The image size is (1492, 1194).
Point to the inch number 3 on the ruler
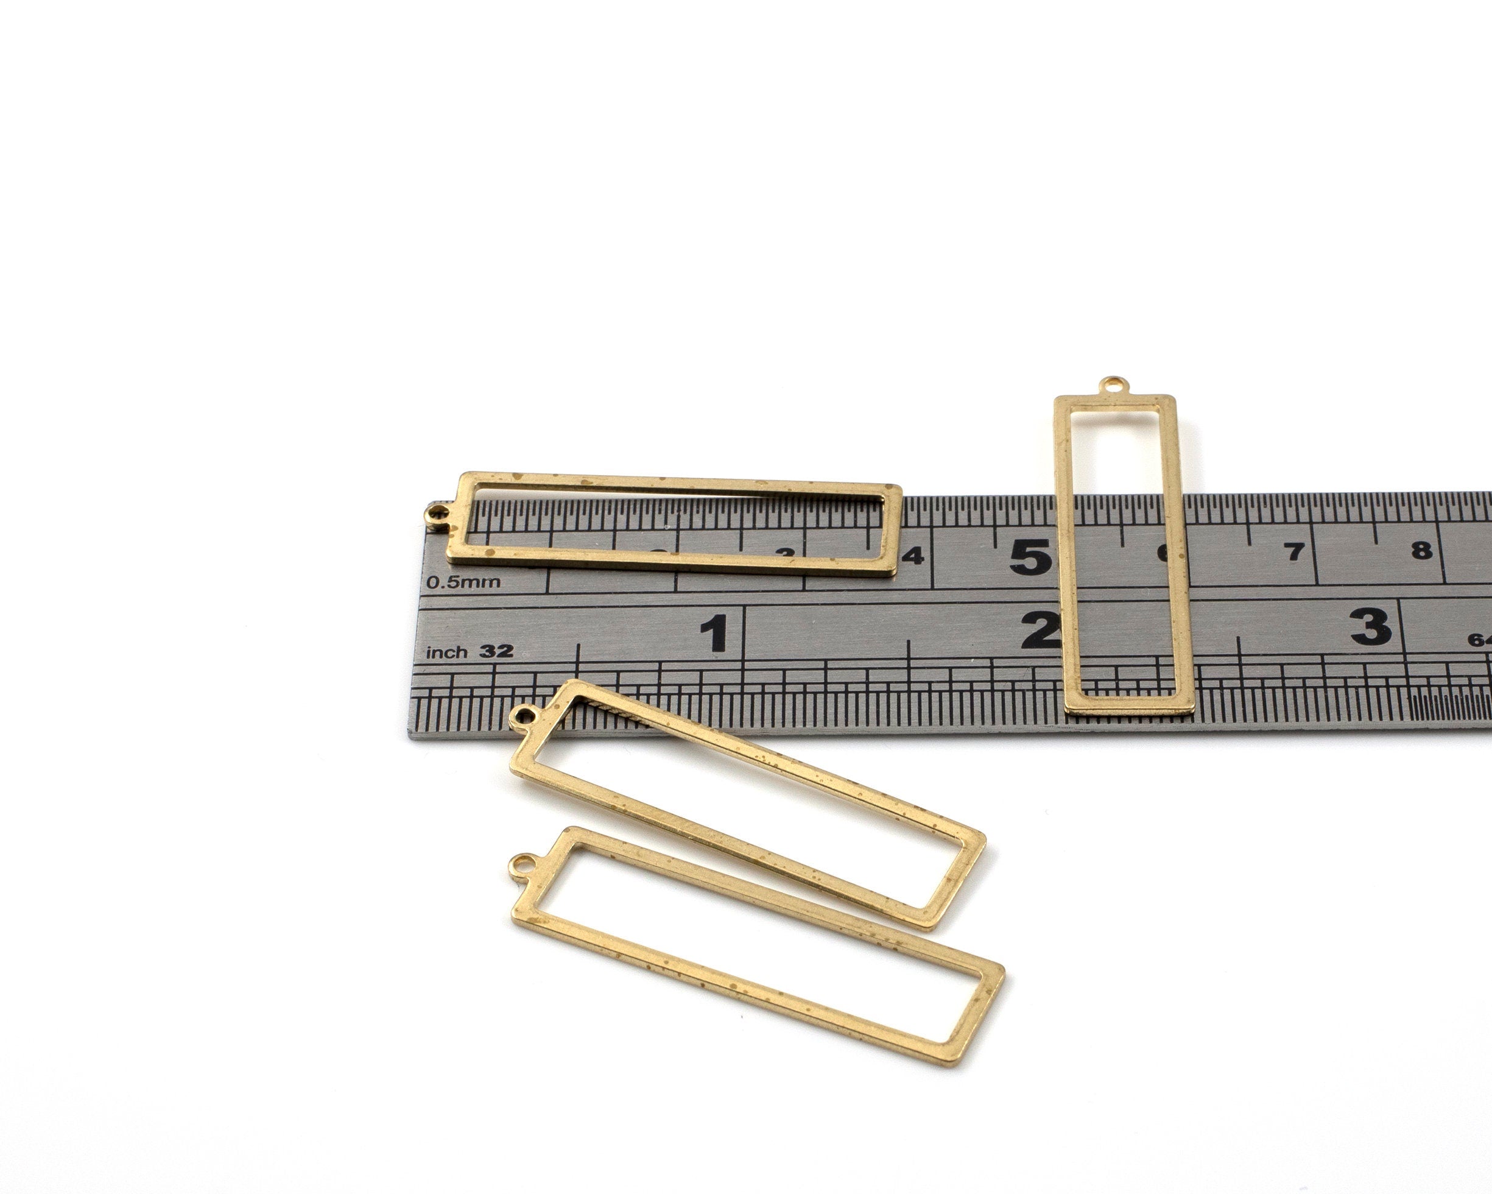click(x=1370, y=626)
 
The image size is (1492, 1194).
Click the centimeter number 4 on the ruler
click(x=915, y=555)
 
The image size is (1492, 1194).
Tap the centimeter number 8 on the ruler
click(x=1421, y=550)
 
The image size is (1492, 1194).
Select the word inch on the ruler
click(x=446, y=652)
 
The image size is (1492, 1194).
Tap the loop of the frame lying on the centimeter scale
click(x=437, y=514)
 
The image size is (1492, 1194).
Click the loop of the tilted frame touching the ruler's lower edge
click(x=524, y=713)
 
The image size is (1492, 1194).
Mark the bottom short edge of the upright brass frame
click(x=1130, y=707)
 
